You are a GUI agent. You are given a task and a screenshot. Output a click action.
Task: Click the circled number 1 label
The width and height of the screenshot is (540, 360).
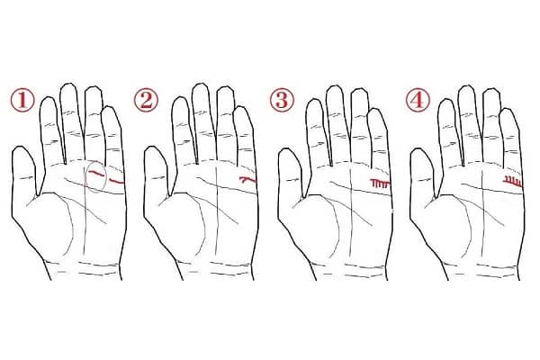[x=22, y=100]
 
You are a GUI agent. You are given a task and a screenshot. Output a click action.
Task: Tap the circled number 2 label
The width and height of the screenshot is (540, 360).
[x=146, y=100]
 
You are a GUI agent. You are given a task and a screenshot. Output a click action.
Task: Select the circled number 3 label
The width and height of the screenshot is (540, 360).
[x=282, y=100]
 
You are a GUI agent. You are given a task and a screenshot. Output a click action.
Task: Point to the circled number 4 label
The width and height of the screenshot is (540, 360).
[x=418, y=100]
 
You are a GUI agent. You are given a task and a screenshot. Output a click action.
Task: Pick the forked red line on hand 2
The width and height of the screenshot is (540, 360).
[x=248, y=179]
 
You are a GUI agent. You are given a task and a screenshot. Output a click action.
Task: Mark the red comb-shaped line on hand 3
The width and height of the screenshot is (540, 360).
[x=380, y=182]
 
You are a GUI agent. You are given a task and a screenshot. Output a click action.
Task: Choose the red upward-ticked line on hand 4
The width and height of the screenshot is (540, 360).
[x=513, y=181]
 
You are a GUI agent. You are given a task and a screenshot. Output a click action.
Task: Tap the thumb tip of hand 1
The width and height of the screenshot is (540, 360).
[x=21, y=147]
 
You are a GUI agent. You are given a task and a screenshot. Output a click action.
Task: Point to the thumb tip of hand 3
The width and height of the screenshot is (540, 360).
[x=286, y=148]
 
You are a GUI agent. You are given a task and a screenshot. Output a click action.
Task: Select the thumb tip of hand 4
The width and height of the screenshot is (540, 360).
[x=419, y=148]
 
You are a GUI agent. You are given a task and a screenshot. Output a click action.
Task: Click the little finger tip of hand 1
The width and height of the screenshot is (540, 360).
[x=110, y=107]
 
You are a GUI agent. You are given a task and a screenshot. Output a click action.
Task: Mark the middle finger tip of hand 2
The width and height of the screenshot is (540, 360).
[x=201, y=84]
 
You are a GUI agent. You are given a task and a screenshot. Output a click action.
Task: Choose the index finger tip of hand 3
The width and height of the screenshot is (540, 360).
[x=314, y=100]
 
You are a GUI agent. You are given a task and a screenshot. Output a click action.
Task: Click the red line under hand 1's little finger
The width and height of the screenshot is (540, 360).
[x=116, y=182]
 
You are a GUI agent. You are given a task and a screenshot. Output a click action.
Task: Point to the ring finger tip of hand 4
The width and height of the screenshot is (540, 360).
[x=491, y=89]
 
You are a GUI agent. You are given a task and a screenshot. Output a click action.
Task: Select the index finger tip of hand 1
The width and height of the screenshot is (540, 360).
[x=48, y=97]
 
